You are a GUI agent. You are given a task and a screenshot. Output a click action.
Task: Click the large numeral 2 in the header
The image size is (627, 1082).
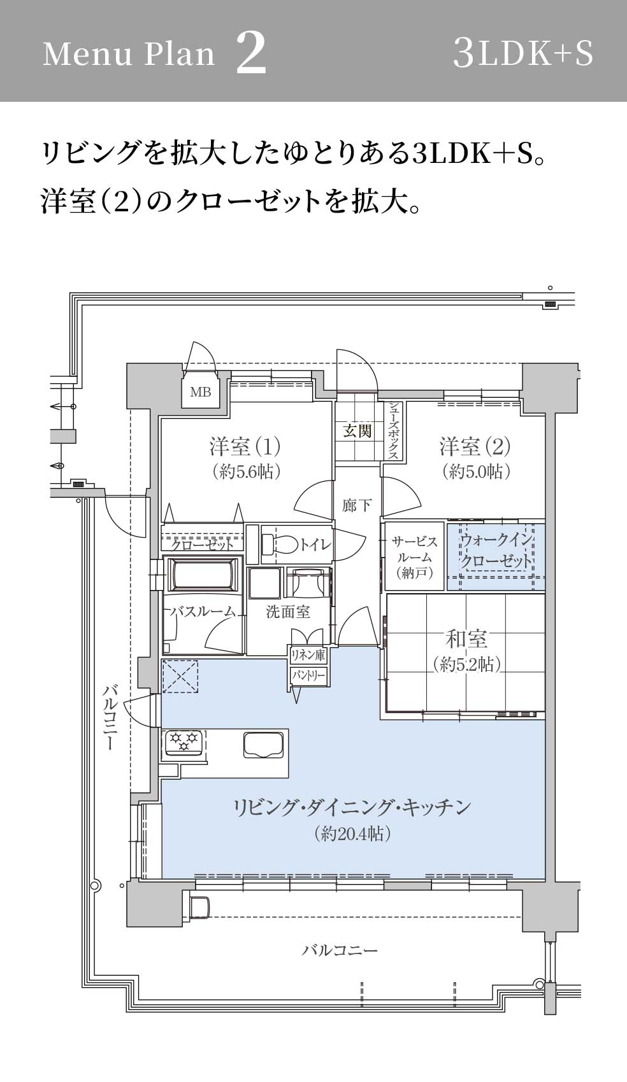(252, 53)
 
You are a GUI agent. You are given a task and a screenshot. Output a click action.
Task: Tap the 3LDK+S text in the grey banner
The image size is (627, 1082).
(522, 53)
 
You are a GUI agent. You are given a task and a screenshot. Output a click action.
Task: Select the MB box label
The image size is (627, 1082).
(201, 392)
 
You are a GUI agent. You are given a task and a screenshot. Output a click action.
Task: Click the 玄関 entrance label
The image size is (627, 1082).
(357, 431)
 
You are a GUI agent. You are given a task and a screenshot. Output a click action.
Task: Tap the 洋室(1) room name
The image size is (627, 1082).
(245, 446)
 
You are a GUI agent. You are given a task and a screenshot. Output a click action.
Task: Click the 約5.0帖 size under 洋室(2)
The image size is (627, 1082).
(476, 472)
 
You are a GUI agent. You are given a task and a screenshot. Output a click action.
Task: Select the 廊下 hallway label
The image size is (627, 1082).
(357, 506)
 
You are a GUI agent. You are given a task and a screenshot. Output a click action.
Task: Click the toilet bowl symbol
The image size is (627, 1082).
(280, 545)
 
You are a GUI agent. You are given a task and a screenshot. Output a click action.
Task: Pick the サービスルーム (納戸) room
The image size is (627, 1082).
(414, 556)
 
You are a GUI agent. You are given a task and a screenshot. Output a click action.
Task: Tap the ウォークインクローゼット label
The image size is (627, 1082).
(496, 551)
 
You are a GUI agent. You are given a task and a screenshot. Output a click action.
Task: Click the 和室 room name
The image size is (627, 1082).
(466, 639)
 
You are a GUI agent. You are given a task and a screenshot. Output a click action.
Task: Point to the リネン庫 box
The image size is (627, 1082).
(308, 656)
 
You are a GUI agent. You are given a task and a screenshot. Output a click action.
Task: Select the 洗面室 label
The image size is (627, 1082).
(288, 612)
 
